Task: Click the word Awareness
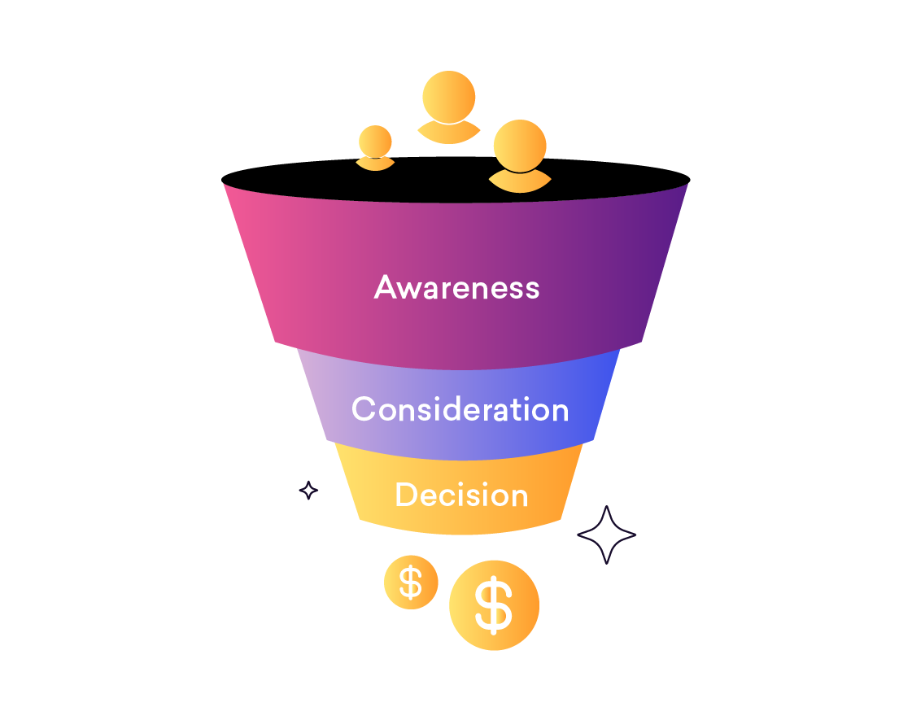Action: (456, 287)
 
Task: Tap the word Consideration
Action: (460, 409)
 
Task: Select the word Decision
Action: (461, 495)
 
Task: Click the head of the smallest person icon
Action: (375, 142)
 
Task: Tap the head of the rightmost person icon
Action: (520, 146)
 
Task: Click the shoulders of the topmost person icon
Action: (448, 133)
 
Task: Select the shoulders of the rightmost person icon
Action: (519, 182)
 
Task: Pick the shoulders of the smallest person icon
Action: (375, 164)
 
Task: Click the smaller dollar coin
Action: (411, 583)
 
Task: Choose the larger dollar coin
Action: (494, 605)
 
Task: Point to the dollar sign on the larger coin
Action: (494, 605)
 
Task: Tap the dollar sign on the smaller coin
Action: (411, 583)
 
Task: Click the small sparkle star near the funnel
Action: (308, 490)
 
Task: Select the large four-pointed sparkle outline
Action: (606, 535)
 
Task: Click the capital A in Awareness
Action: (386, 287)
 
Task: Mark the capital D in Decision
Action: (405, 495)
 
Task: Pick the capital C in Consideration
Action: (364, 409)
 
